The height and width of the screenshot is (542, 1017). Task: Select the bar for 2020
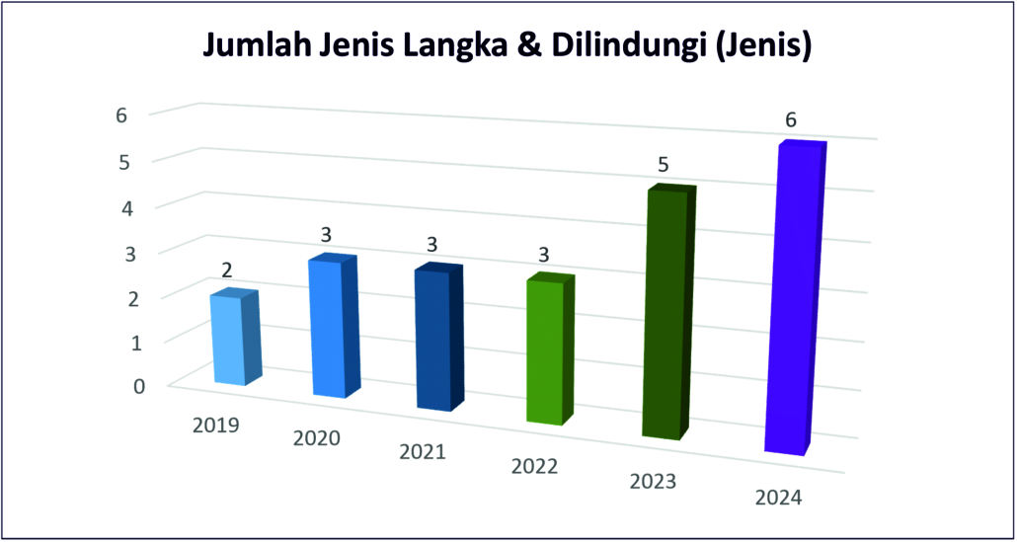[330, 331]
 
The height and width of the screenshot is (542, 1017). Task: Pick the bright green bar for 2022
[545, 353]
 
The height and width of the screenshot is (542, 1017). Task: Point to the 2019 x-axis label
[216, 426]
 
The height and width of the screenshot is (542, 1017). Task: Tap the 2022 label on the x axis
[535, 465]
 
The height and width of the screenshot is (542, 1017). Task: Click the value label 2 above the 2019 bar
[227, 269]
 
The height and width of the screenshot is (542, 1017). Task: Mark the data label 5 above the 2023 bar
[659, 165]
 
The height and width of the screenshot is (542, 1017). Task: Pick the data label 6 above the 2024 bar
[791, 119]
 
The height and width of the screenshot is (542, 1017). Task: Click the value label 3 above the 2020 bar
[327, 235]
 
